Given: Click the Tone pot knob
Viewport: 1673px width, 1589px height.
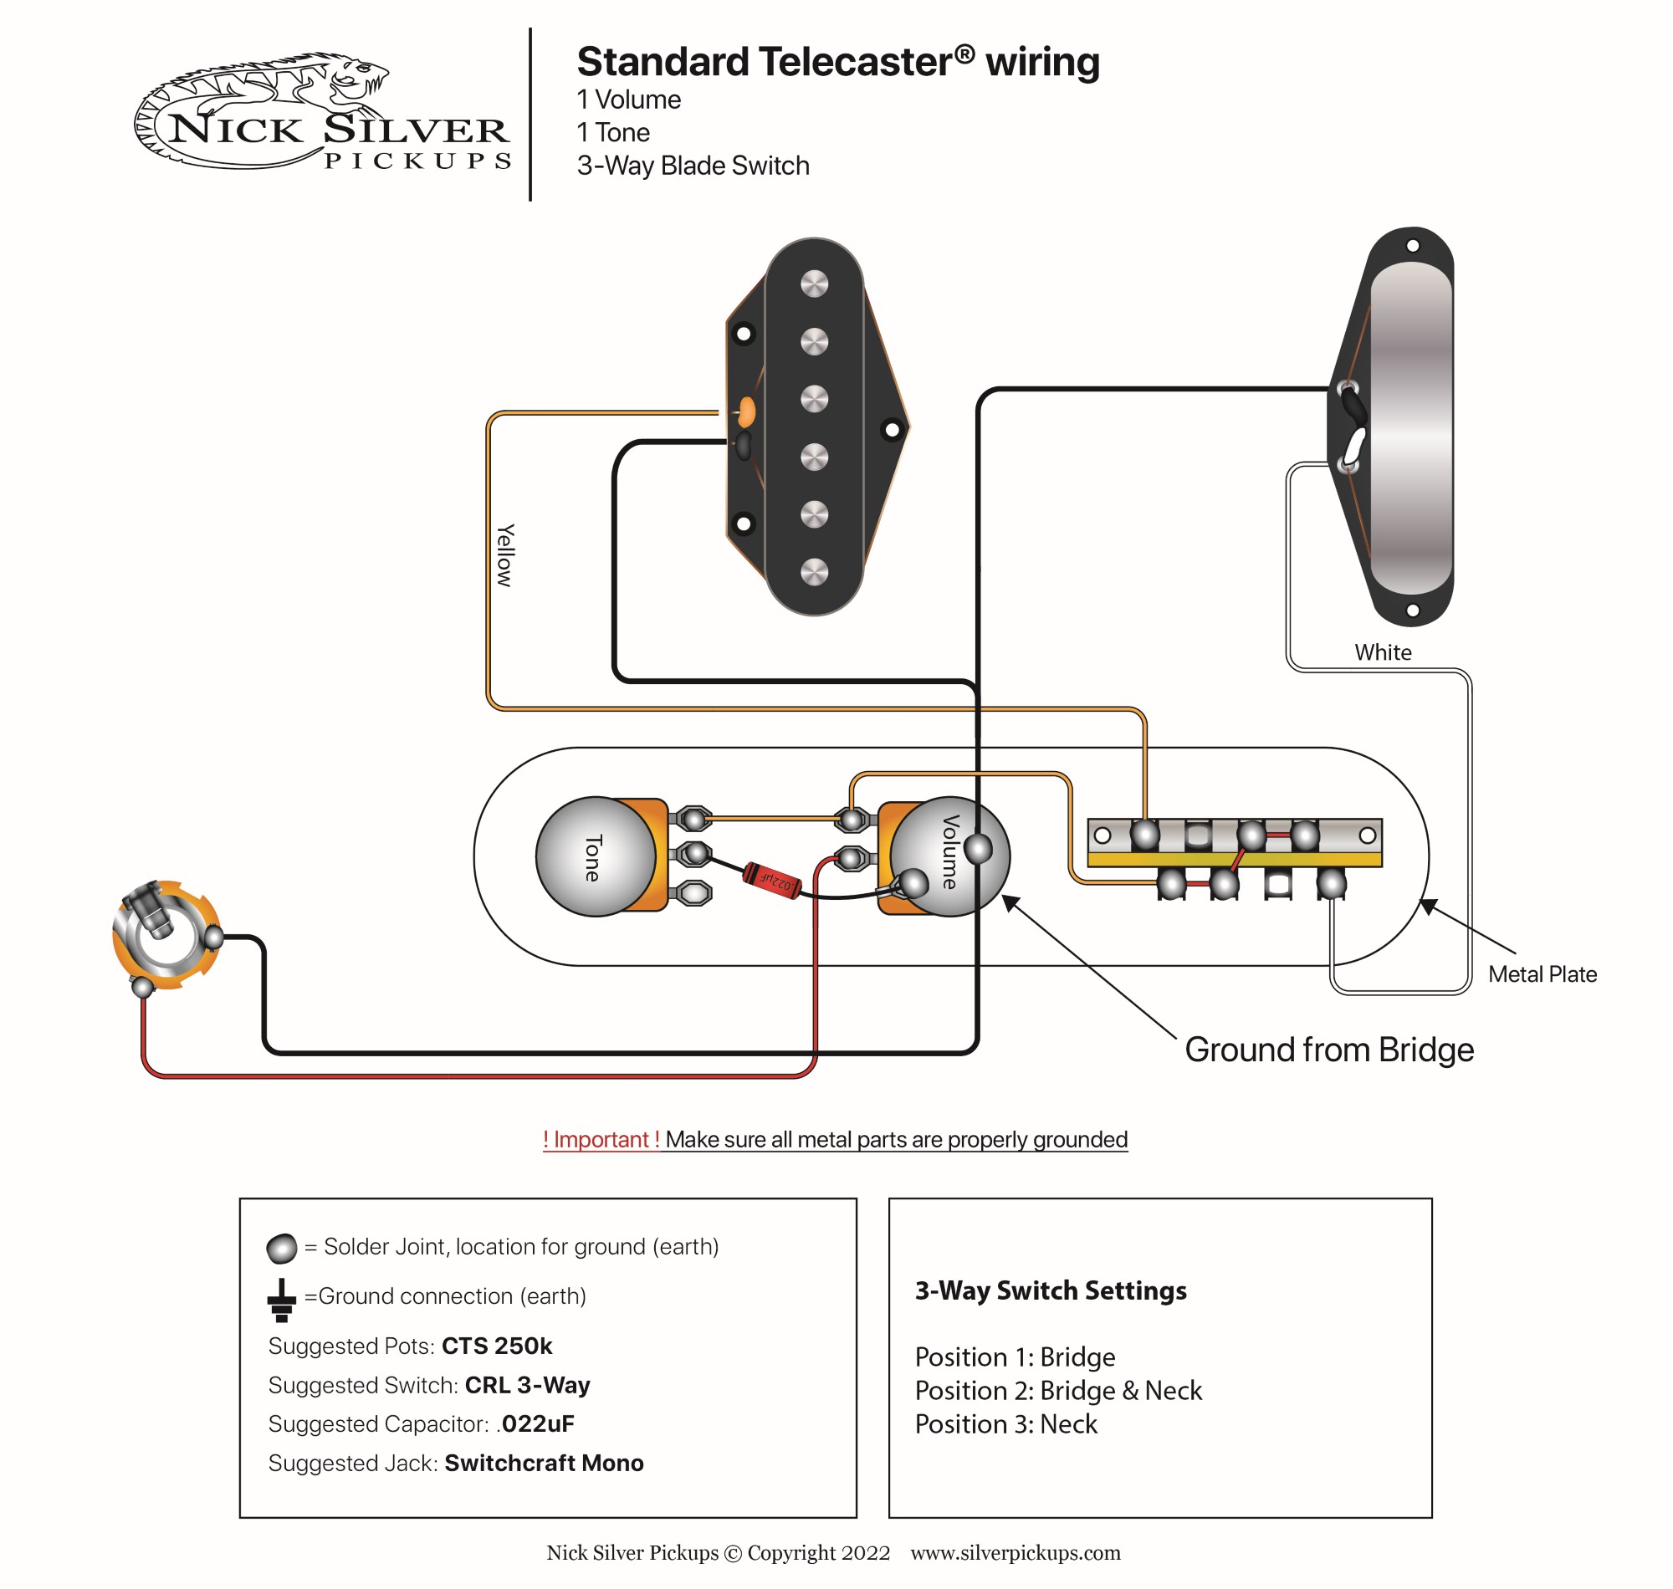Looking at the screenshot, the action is click(596, 856).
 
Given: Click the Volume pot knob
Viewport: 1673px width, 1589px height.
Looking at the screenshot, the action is click(949, 856).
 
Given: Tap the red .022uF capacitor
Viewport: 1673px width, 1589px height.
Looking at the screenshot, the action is click(772, 880).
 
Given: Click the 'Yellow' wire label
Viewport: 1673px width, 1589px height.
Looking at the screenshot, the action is click(505, 554).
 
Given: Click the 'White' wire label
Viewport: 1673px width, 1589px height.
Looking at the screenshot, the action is click(1383, 652).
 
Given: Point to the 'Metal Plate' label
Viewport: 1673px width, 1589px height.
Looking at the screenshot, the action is click(1542, 974).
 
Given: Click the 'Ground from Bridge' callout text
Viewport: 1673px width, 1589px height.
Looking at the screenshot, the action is click(1328, 1050).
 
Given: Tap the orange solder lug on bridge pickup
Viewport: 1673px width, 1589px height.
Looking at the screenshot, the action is click(746, 411).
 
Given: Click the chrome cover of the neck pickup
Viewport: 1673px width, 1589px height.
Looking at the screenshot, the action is click(1410, 427).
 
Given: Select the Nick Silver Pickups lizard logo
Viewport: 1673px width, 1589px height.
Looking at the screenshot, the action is click(322, 111).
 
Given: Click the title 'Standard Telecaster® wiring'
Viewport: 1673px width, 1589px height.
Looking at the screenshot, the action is click(838, 62).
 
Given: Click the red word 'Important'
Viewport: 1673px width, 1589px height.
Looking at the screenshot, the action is click(601, 1139).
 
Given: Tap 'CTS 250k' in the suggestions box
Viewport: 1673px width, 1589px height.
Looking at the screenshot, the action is click(496, 1346).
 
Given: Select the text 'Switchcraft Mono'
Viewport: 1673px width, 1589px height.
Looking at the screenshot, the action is click(544, 1463).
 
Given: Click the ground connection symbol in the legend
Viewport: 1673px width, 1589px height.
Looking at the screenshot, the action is click(281, 1300).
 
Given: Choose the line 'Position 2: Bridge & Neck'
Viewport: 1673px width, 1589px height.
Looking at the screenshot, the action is click(1058, 1391).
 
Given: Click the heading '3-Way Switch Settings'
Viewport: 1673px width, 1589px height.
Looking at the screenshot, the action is click(1051, 1290).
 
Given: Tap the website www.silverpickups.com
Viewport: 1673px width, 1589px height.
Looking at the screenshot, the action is click(1015, 1552).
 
